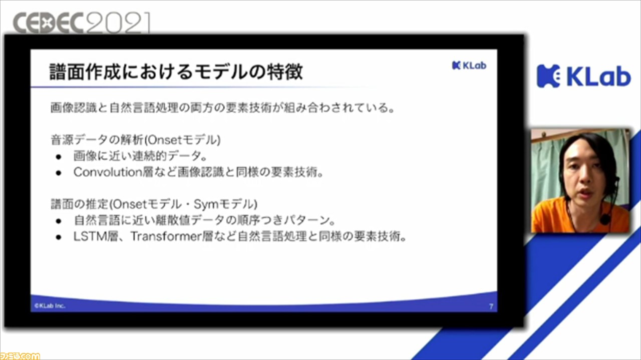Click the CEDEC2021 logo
(x=82, y=23)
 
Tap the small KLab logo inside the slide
(x=469, y=66)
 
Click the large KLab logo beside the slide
(x=584, y=76)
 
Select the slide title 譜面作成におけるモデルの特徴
(x=176, y=72)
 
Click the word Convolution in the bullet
(x=108, y=172)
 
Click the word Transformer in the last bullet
(x=166, y=237)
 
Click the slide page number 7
(x=491, y=306)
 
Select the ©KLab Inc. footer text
(x=50, y=305)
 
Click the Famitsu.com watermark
(x=20, y=356)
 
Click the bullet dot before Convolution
(x=59, y=173)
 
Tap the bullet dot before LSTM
(x=59, y=237)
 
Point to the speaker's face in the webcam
(x=584, y=175)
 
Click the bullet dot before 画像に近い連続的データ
(x=59, y=157)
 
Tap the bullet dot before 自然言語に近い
(x=59, y=221)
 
